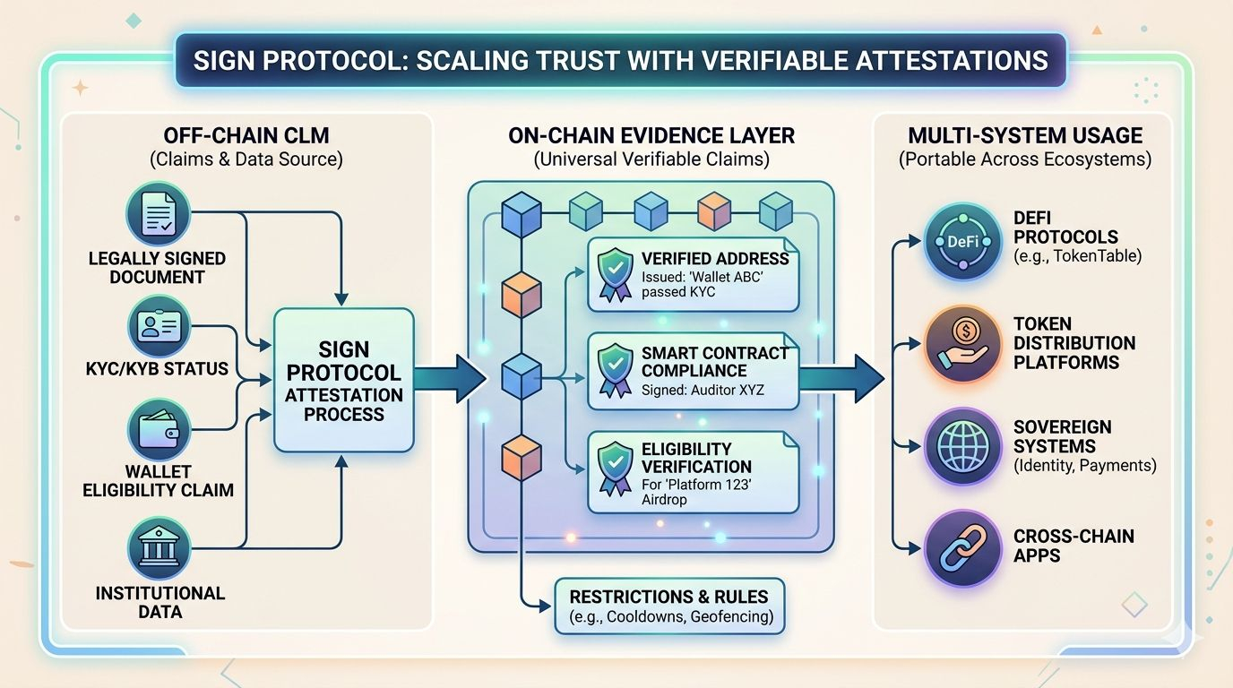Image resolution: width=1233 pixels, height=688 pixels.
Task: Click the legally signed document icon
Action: pos(159,213)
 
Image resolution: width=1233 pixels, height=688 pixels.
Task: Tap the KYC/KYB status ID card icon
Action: pos(159,326)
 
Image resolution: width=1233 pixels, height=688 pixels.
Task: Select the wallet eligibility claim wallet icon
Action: pos(159,430)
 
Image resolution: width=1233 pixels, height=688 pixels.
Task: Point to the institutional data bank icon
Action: pos(159,549)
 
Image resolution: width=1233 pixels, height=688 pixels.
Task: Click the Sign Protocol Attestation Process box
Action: pos(344,381)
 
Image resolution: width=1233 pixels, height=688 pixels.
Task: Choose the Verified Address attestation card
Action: pos(693,275)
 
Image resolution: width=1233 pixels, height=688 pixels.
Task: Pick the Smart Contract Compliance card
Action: pos(693,371)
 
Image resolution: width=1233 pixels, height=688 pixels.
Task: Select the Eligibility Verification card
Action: pos(693,472)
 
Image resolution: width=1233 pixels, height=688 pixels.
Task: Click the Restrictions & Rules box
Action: pos(670,606)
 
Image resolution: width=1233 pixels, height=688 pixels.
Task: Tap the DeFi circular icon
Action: pos(962,241)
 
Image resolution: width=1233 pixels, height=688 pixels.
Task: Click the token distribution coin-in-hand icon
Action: pos(962,344)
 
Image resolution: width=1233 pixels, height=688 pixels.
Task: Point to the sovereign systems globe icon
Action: pos(962,446)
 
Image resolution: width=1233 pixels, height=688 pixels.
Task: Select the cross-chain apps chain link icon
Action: pos(962,548)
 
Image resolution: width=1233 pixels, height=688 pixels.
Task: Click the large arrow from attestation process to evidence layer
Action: pos(450,379)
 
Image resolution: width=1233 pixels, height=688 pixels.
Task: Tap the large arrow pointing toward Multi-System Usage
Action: pos(841,379)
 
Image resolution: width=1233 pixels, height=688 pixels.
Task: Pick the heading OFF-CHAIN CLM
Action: pos(246,135)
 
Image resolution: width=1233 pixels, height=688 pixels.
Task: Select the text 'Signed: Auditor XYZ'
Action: pos(703,391)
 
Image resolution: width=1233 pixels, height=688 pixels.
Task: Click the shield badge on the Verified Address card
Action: pos(615,275)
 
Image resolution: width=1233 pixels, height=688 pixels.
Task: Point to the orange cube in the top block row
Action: pos(714,211)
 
